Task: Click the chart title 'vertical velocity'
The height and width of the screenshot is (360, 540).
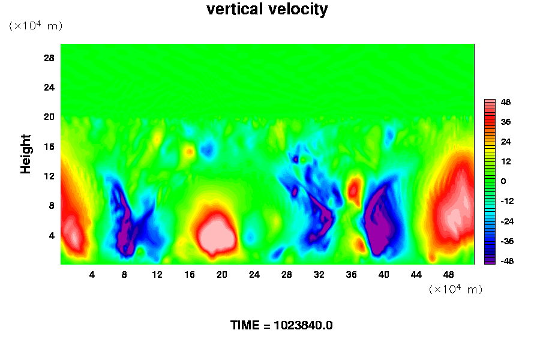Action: click(x=267, y=10)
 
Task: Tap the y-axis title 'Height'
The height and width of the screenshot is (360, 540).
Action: click(x=26, y=161)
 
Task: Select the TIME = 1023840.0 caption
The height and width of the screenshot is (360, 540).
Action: click(x=281, y=326)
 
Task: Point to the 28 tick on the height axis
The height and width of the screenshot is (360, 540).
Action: click(x=49, y=58)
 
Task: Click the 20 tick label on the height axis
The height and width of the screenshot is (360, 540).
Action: click(x=49, y=116)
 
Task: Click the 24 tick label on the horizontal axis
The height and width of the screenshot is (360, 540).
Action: click(x=254, y=275)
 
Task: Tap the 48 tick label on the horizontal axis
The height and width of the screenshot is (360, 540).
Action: click(x=448, y=275)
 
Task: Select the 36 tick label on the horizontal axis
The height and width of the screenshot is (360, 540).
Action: click(x=352, y=275)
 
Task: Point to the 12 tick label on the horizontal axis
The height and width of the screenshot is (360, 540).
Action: click(x=157, y=275)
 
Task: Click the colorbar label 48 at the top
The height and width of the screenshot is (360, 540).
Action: click(x=506, y=102)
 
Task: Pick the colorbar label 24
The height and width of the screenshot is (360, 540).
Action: click(x=506, y=142)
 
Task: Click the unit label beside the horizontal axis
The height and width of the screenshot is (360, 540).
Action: click(x=456, y=289)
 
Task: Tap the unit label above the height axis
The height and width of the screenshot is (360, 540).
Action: click(x=35, y=26)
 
